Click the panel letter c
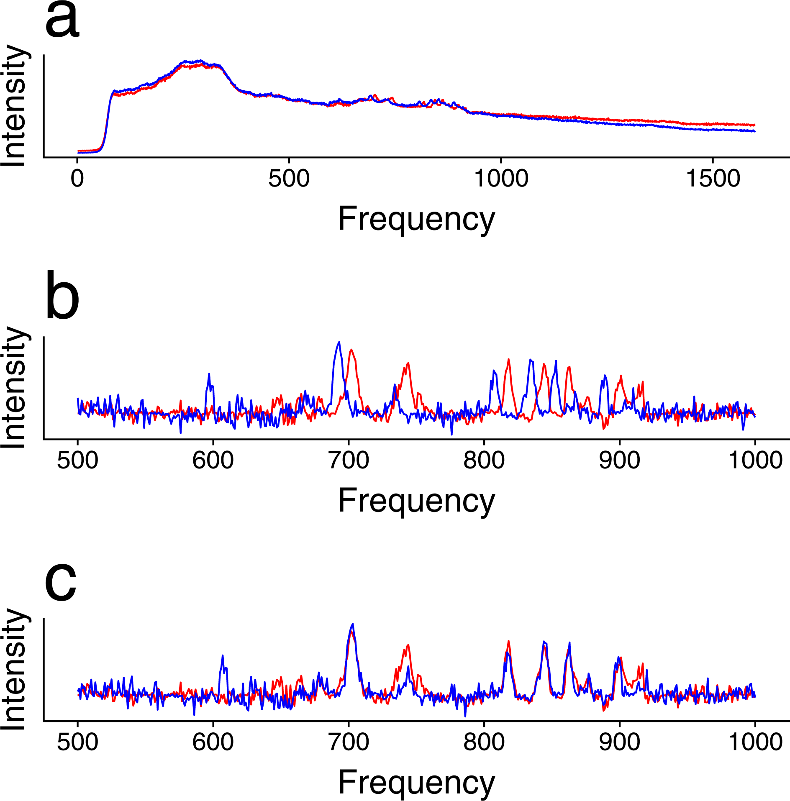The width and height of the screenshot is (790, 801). [61, 581]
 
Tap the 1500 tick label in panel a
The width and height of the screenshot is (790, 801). [713, 179]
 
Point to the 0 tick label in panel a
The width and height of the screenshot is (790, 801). [77, 179]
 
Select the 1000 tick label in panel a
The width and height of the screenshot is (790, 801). [501, 179]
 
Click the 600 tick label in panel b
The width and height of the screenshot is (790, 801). [213, 461]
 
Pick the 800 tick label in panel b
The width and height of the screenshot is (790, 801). [484, 461]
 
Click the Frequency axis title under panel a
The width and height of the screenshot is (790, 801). [416, 219]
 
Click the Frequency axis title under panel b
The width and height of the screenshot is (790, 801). [416, 501]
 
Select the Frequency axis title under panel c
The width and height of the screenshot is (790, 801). [416, 782]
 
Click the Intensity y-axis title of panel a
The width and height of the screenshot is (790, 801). [15, 107]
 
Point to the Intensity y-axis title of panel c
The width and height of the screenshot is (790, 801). [15, 669]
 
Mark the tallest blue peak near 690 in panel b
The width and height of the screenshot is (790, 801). [339, 343]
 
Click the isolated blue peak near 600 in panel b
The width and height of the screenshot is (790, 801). [209, 374]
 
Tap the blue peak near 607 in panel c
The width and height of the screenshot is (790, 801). [223, 656]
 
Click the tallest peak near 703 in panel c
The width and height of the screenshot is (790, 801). [353, 625]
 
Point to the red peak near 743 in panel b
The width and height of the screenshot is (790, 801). [408, 364]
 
